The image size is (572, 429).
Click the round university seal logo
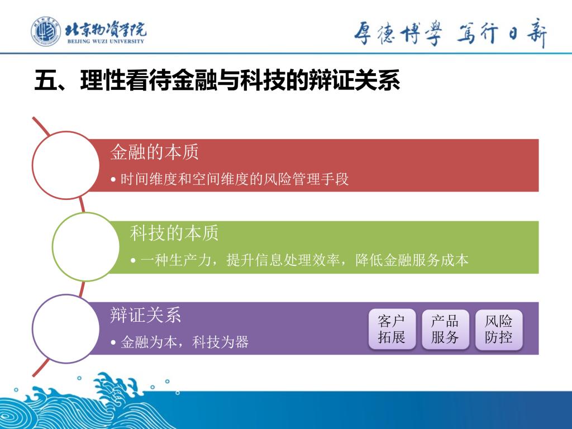[x=46, y=31]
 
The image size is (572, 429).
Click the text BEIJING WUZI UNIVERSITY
[x=106, y=41]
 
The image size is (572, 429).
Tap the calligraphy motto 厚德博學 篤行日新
[x=451, y=34]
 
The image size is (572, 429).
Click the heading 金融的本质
[x=154, y=152]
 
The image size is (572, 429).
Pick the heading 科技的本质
[x=174, y=233]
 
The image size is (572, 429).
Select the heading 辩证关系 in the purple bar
[x=146, y=315]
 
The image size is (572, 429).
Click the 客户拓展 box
[x=392, y=330]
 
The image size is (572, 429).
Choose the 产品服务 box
[x=445, y=330]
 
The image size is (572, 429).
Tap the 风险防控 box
[x=499, y=330]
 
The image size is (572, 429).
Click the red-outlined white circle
[x=33, y=165]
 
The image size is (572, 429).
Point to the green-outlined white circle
[x=53, y=246]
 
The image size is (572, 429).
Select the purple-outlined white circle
[x=33, y=328]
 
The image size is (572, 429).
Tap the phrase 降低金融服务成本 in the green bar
[x=412, y=260]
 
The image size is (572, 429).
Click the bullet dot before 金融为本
[x=113, y=342]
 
